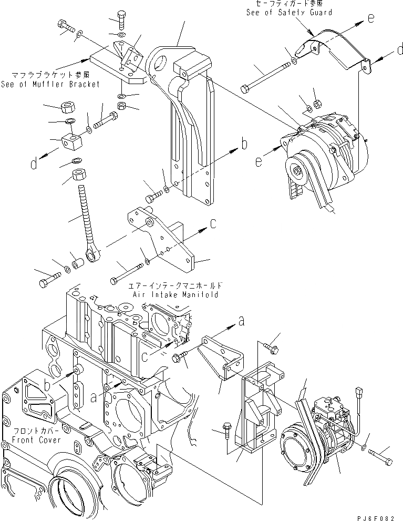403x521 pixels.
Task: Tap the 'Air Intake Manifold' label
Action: tap(172, 295)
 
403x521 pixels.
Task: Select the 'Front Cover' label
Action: tap(36, 440)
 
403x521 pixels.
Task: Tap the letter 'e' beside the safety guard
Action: tap(370, 18)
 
